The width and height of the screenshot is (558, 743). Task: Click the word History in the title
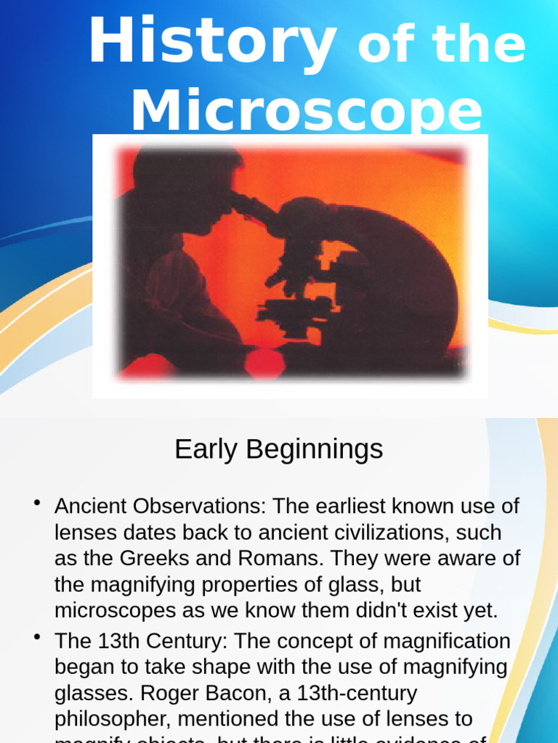click(212, 44)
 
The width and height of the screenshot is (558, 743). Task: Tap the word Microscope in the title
click(306, 111)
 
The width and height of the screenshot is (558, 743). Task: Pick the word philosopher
click(113, 719)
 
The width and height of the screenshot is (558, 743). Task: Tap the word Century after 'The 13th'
click(182, 641)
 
